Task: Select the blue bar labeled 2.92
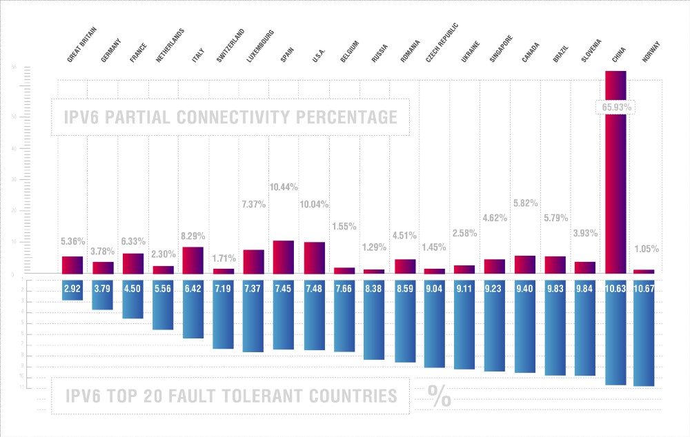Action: click(x=72, y=289)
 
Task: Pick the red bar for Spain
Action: click(x=284, y=256)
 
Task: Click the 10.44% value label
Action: click(x=284, y=187)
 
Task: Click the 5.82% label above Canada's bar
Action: click(x=525, y=203)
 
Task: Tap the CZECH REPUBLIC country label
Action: click(x=442, y=42)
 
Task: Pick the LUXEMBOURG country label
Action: click(x=261, y=46)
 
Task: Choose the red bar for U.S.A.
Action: click(x=314, y=258)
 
